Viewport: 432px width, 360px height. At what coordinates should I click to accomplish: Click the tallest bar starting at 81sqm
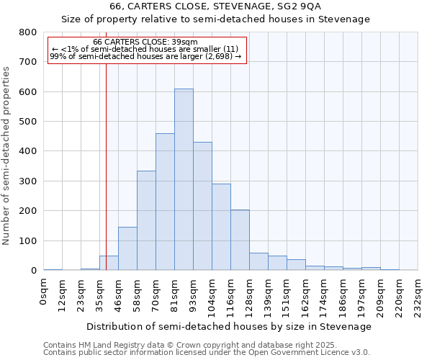click(x=184, y=180)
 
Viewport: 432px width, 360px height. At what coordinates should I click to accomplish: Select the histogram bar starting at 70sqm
click(x=165, y=202)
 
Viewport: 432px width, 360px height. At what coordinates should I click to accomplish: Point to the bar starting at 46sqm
click(x=127, y=248)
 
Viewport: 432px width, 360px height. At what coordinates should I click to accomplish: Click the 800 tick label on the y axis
click(x=27, y=32)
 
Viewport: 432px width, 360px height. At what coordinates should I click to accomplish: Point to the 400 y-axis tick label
click(x=27, y=151)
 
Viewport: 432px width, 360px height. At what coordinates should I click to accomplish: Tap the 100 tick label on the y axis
click(x=27, y=240)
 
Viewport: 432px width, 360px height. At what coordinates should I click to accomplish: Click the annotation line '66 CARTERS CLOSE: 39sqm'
click(x=145, y=42)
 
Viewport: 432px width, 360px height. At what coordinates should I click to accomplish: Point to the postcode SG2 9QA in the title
click(x=291, y=6)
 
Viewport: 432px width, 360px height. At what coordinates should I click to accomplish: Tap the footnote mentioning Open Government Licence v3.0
click(x=207, y=352)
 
